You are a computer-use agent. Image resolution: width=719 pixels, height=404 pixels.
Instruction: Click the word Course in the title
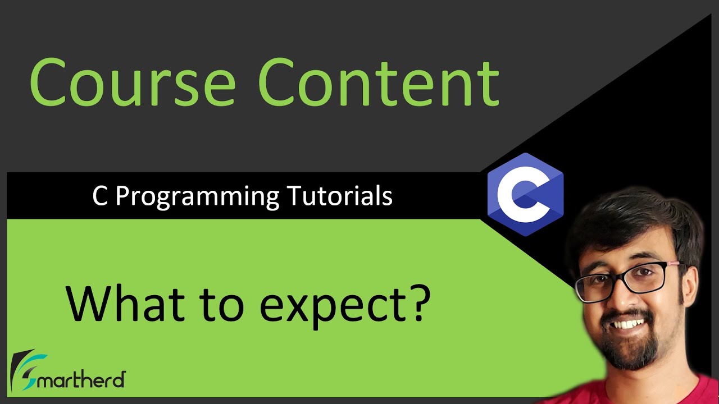[133, 82]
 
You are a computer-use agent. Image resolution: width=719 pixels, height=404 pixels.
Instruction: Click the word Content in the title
[379, 82]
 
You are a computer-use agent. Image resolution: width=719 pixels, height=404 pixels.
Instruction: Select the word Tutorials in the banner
[339, 196]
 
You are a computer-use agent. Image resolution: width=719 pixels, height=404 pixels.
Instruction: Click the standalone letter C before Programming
[99, 196]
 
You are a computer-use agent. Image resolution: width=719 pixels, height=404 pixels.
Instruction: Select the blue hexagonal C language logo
[525, 194]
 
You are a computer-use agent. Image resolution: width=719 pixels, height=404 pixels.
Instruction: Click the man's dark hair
[629, 219]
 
